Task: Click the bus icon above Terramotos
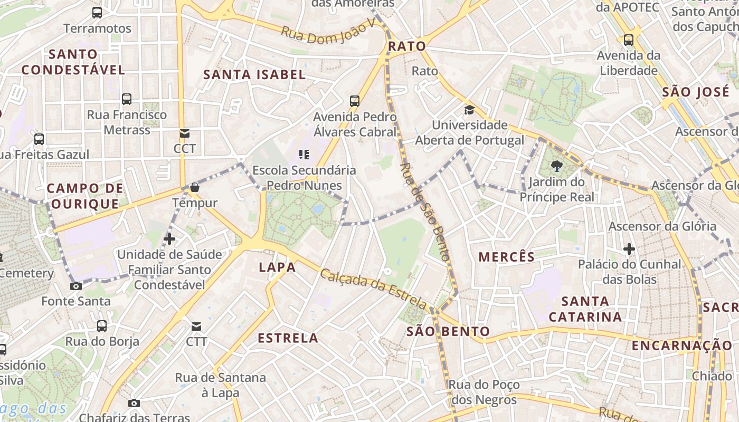pyautogui.click(x=97, y=13)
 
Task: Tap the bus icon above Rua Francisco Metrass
pyautogui.click(x=127, y=99)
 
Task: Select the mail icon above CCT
pyautogui.click(x=184, y=133)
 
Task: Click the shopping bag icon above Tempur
pyautogui.click(x=194, y=187)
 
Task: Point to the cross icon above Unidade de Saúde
pyautogui.click(x=169, y=239)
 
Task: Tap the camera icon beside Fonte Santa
pyautogui.click(x=76, y=286)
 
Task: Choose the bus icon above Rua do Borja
pyautogui.click(x=102, y=326)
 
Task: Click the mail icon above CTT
pyautogui.click(x=196, y=327)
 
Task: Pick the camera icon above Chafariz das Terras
pyautogui.click(x=134, y=404)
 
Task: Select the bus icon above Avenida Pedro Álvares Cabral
pyautogui.click(x=355, y=101)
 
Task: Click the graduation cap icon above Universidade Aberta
pyautogui.click(x=469, y=110)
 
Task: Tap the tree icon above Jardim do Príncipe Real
pyautogui.click(x=556, y=167)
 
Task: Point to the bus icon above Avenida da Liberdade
pyautogui.click(x=628, y=40)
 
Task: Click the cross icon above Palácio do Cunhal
pyautogui.click(x=629, y=248)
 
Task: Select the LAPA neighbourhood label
pyautogui.click(x=277, y=267)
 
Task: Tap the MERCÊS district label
pyautogui.click(x=506, y=257)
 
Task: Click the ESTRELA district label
pyautogui.click(x=288, y=338)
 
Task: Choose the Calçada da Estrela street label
pyautogui.click(x=373, y=289)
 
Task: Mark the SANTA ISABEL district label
pyautogui.click(x=254, y=75)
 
